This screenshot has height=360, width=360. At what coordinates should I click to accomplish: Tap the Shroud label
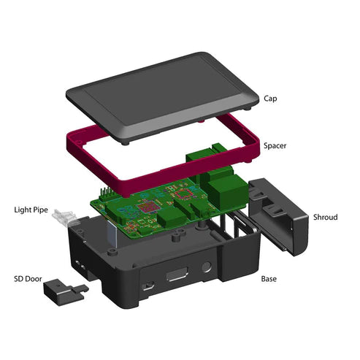(x=326, y=217)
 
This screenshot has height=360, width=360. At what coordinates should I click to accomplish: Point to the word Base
(x=269, y=278)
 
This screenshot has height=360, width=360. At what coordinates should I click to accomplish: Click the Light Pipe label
(x=31, y=210)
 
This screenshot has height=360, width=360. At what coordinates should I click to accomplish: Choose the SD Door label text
(x=27, y=278)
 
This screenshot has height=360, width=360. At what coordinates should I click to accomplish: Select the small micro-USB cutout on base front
(x=148, y=286)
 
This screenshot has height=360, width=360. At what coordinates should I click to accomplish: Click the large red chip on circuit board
(x=150, y=207)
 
